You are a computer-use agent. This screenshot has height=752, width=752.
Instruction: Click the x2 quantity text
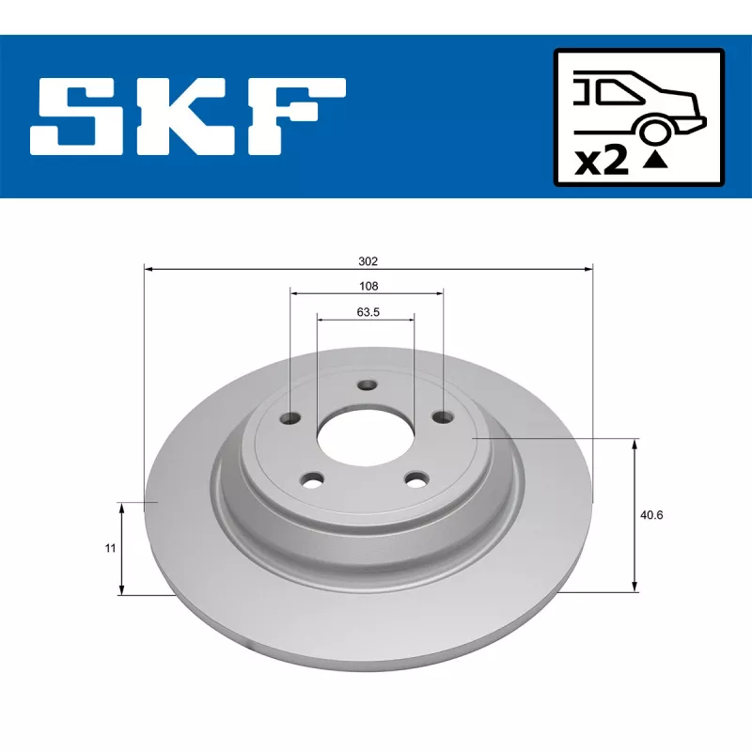(601, 161)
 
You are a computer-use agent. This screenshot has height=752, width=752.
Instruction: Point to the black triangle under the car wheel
(655, 160)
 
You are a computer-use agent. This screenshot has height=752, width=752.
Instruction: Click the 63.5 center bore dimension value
(368, 313)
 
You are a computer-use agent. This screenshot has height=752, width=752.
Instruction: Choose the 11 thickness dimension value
(110, 547)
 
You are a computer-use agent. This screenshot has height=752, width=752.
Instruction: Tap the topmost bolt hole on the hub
(368, 385)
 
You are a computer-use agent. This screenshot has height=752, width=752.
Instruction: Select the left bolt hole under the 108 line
(292, 418)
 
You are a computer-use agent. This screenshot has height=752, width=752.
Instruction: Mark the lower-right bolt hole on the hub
(415, 478)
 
